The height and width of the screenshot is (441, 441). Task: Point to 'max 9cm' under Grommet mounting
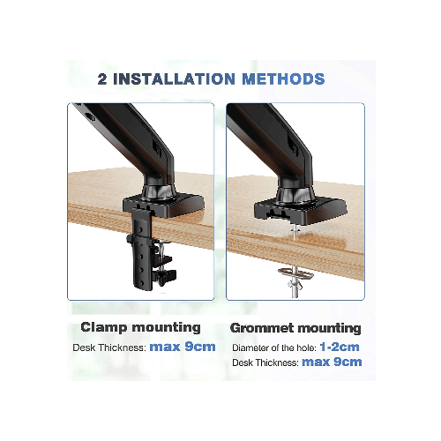tap(332, 362)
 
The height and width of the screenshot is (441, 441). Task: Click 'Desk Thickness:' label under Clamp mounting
tap(108, 347)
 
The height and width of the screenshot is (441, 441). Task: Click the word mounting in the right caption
tap(330, 327)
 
